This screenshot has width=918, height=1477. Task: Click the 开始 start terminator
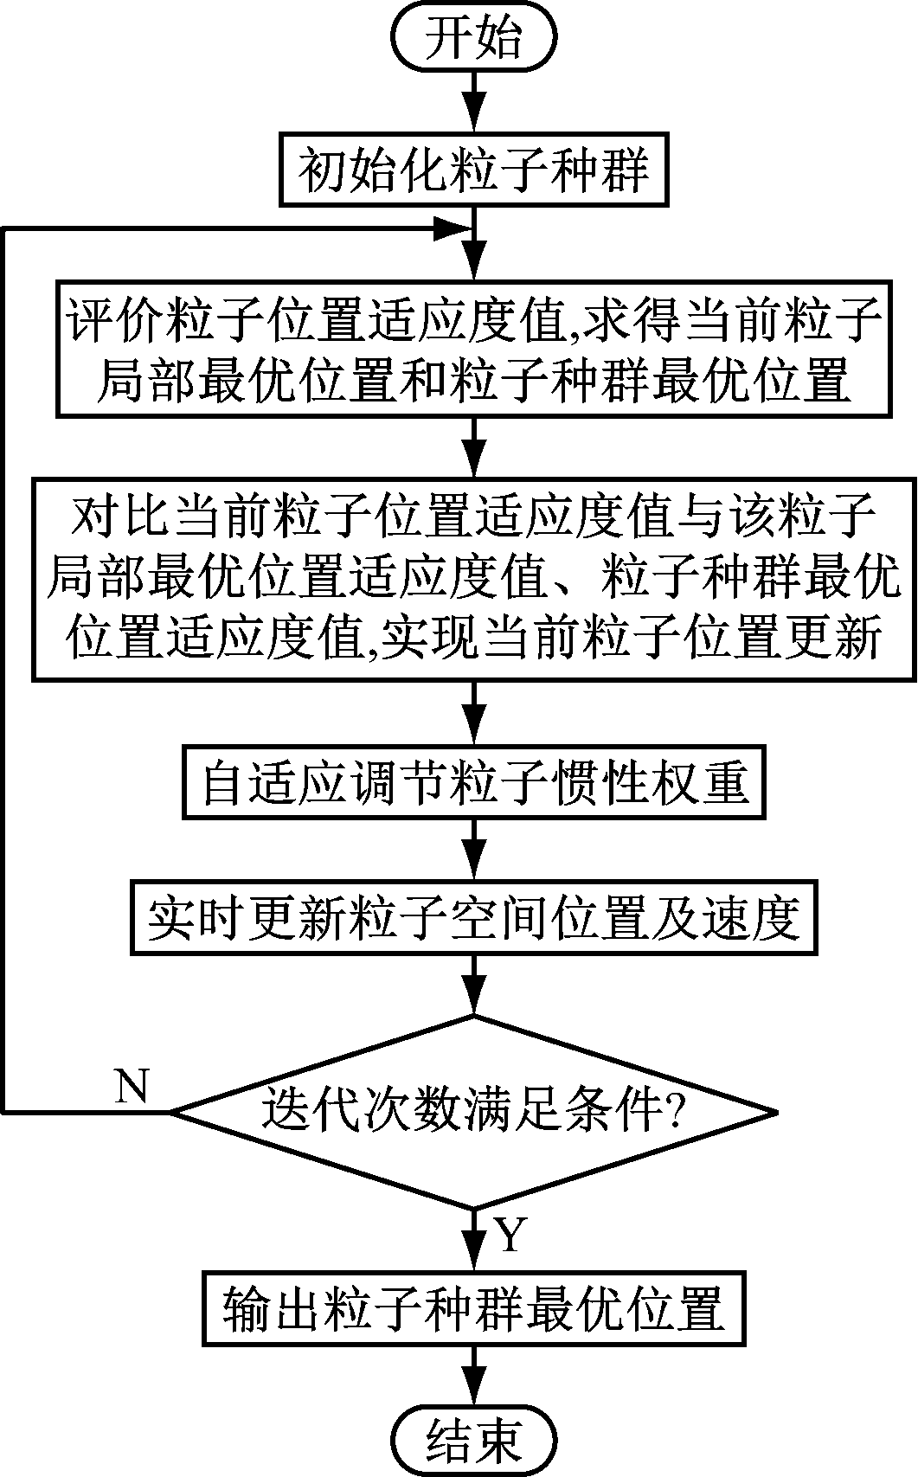[x=474, y=39]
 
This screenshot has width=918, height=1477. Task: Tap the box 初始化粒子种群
[x=474, y=170]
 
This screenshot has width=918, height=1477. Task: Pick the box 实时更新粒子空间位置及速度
[x=474, y=918]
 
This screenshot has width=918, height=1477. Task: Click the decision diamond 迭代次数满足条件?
[x=474, y=1112]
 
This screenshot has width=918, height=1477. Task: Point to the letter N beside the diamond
[x=132, y=1085]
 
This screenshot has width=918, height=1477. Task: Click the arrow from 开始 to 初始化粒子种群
[x=474, y=100]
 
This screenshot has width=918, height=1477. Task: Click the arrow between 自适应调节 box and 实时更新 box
[x=474, y=850]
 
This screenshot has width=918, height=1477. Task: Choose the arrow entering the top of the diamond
[x=474, y=986]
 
